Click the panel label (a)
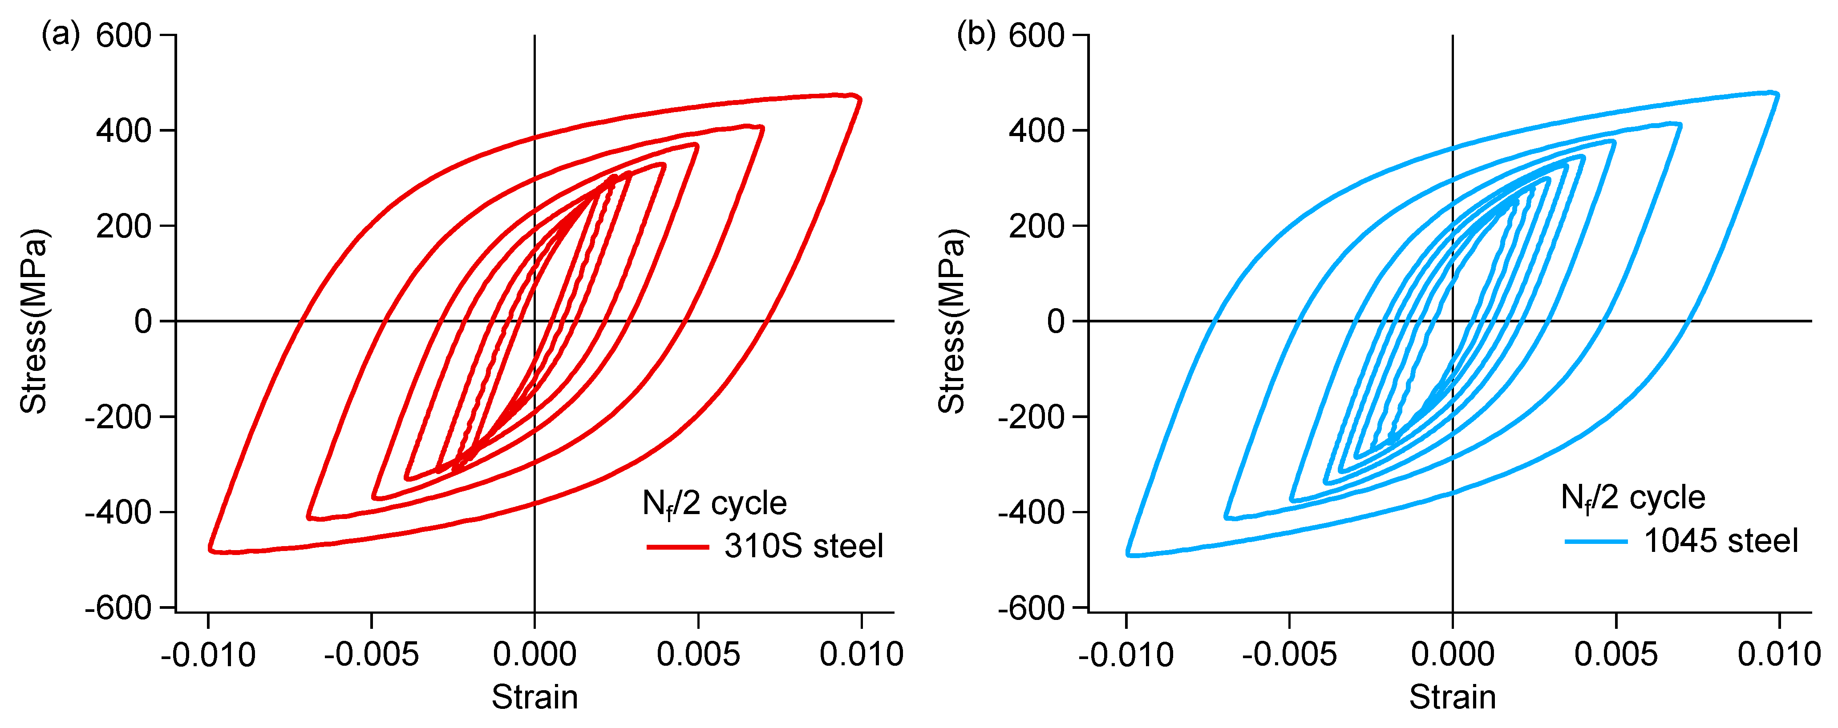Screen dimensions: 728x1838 [x=61, y=33]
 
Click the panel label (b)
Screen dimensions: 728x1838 [x=976, y=33]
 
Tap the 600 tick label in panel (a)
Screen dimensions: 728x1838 [x=123, y=36]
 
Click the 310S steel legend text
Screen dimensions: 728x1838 [x=803, y=546]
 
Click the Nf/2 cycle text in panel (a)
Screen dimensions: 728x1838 [x=714, y=503]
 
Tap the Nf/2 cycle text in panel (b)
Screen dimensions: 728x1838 [x=1632, y=498]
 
